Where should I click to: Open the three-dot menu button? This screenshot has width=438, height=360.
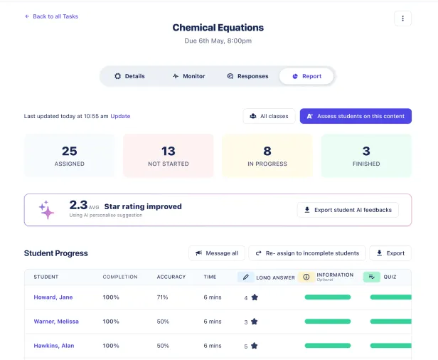click(x=402, y=18)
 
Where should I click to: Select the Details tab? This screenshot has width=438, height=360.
click(x=129, y=76)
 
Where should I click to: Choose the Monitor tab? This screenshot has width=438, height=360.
click(x=188, y=76)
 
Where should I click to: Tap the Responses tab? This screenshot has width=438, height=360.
click(x=247, y=76)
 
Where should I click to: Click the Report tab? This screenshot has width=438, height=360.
click(x=306, y=76)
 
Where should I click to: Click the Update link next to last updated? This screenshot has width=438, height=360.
click(x=120, y=116)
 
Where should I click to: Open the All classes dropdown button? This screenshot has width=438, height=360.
click(x=269, y=116)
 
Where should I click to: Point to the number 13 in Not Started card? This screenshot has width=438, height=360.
click(x=169, y=151)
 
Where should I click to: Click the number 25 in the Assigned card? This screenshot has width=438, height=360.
click(x=70, y=151)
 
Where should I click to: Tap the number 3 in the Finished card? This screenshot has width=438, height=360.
click(x=366, y=151)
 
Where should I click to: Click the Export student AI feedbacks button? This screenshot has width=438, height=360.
click(x=348, y=210)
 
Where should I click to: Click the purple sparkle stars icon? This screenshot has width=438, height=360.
click(x=47, y=210)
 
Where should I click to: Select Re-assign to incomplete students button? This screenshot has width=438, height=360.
click(x=307, y=253)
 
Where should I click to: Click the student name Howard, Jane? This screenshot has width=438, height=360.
click(x=53, y=297)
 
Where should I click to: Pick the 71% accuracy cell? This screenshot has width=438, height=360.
click(x=163, y=297)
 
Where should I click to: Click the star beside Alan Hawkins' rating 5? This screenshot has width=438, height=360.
click(x=255, y=346)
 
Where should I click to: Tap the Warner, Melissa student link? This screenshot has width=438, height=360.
click(x=56, y=322)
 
